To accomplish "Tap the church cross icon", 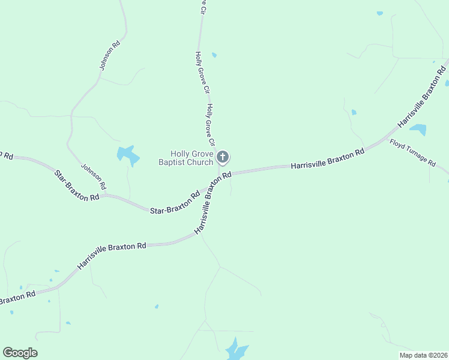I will pyautogui.click(x=222, y=158).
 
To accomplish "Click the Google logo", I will pyautogui.click(x=20, y=353).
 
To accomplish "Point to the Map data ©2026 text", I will pyautogui.click(x=423, y=355).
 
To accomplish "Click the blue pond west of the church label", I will pyautogui.click(x=128, y=155).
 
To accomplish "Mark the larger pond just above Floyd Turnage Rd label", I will pyautogui.click(x=418, y=130).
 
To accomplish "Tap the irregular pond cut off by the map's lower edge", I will pyautogui.click(x=236, y=350).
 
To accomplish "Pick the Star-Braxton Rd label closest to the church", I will pyautogui.click(x=175, y=203).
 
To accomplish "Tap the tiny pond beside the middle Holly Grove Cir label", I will pyautogui.click(x=214, y=55).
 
